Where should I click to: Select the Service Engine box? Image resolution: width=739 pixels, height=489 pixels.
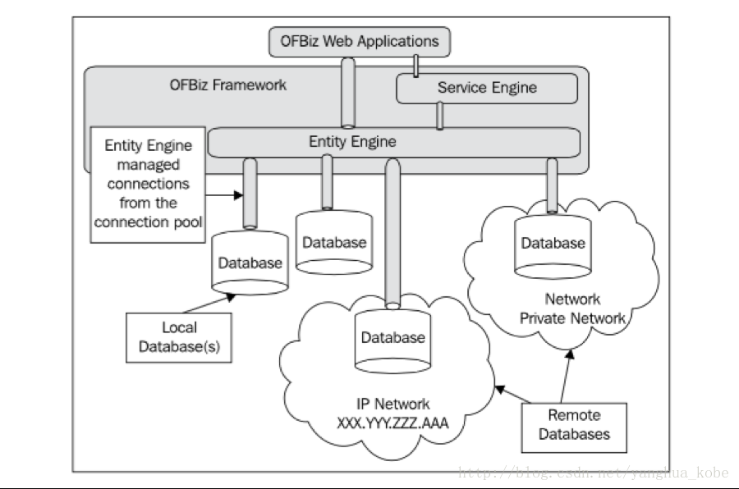tap(487, 88)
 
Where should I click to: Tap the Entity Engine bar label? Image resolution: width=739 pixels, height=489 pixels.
tap(352, 141)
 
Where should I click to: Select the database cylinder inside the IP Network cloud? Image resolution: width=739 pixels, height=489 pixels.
tap(393, 338)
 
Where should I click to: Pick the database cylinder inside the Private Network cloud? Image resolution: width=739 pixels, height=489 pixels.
tap(553, 244)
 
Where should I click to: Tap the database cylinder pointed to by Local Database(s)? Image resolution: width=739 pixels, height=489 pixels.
tap(250, 263)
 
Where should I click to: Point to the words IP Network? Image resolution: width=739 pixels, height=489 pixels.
tap(392, 404)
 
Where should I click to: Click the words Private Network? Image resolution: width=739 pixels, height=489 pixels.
tap(572, 318)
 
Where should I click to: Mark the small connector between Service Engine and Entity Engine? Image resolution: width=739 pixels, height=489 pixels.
tap(440, 116)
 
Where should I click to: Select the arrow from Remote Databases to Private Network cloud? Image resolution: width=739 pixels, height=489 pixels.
tap(567, 373)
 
